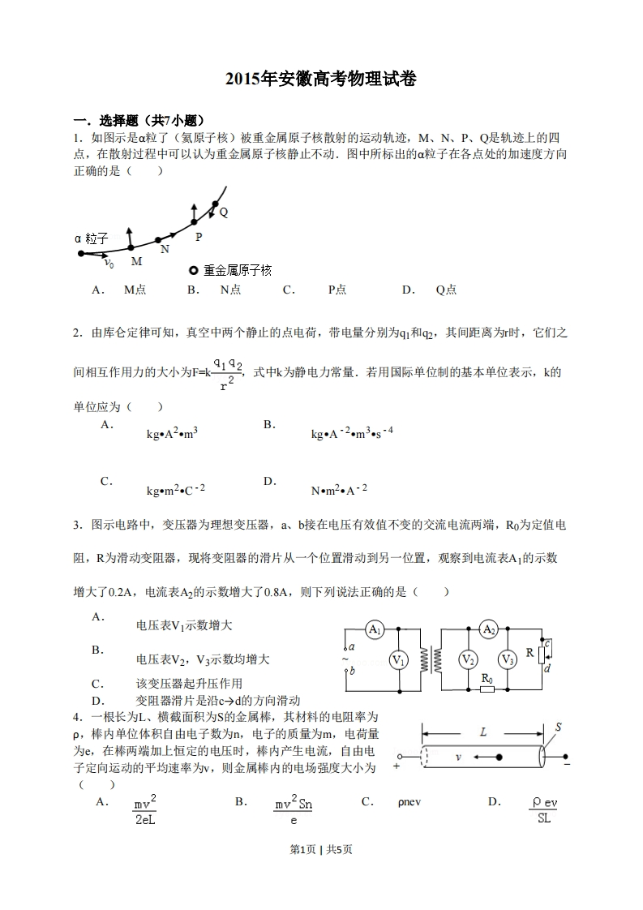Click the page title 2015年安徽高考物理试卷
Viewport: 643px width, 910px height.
tap(321, 79)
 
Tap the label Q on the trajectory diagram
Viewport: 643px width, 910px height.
tap(224, 212)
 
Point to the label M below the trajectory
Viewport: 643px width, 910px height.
tap(136, 261)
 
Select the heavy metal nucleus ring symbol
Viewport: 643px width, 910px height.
tap(193, 270)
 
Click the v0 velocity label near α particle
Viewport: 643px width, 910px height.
tap(109, 264)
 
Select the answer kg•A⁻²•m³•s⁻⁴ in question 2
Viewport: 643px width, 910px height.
tap(352, 434)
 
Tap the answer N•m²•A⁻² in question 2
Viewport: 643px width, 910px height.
tap(339, 490)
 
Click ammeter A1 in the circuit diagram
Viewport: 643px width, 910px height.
tap(374, 630)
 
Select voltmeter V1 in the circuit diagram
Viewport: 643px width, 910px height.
tap(398, 660)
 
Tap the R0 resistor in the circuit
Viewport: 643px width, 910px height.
tap(487, 690)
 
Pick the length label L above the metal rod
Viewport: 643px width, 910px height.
tap(483, 732)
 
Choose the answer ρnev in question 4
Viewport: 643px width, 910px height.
tap(409, 802)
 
